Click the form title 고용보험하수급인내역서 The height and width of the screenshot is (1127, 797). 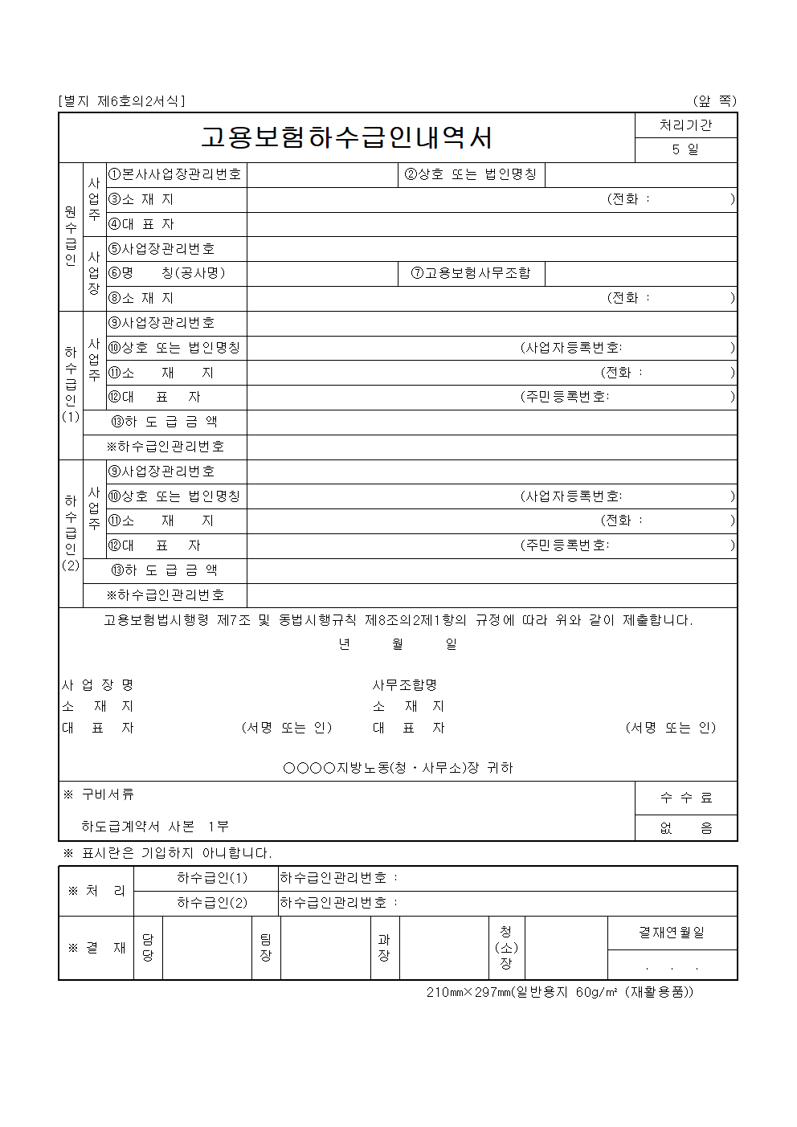[346, 138]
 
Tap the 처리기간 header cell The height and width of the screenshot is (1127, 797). [685, 125]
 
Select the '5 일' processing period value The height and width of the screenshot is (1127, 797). [685, 149]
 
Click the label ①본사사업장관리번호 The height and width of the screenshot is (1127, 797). [176, 174]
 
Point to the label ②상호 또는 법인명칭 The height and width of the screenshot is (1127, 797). [471, 174]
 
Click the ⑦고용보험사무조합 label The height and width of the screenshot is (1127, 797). [471, 273]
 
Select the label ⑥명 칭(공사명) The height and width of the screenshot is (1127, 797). [167, 273]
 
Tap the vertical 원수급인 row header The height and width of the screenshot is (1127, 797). [71, 236]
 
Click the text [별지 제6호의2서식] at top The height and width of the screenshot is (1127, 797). [121, 101]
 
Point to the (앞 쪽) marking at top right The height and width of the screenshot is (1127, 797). [714, 101]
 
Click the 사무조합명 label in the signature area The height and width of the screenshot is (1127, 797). [405, 685]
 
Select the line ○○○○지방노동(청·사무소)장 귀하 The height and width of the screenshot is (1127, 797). [398, 768]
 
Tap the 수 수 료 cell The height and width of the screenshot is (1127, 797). [685, 798]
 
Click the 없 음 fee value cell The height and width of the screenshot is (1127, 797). [685, 828]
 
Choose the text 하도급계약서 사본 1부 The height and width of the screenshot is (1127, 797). [155, 827]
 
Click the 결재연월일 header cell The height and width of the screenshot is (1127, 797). [672, 933]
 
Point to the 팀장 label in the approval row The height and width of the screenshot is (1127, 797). [266, 948]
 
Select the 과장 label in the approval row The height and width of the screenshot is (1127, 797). [384, 948]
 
